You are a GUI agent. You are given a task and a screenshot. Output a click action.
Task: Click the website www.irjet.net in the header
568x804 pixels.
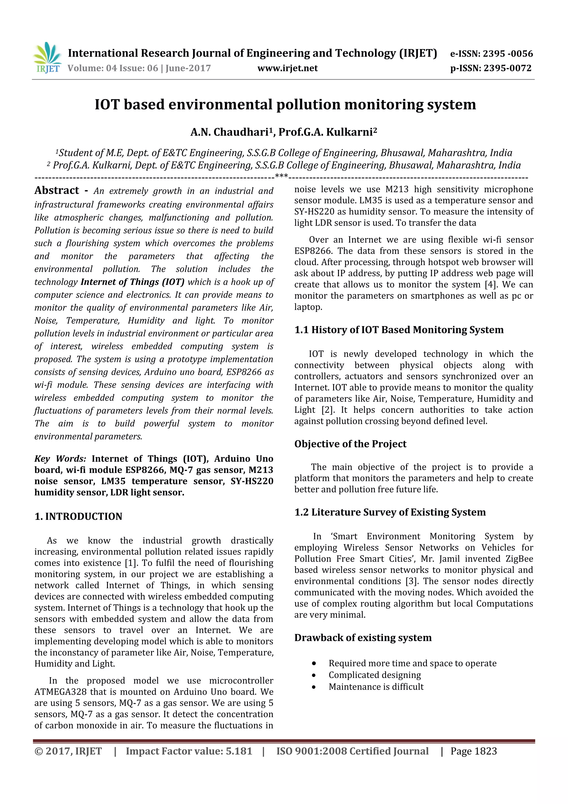(x=287, y=68)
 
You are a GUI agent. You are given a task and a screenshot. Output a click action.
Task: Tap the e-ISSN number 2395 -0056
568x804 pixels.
(x=508, y=54)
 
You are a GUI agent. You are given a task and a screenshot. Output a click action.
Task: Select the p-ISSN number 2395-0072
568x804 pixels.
(x=508, y=68)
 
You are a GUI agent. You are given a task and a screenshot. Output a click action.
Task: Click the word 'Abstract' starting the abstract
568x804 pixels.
(x=57, y=190)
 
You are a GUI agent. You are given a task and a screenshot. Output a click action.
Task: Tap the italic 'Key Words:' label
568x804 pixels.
(x=60, y=459)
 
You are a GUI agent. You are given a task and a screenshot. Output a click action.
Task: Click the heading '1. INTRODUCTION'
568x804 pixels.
(x=78, y=516)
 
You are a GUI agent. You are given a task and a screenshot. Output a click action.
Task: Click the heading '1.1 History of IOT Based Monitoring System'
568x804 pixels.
(x=399, y=330)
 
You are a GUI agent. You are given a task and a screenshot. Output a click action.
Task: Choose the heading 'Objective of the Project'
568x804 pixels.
(x=350, y=444)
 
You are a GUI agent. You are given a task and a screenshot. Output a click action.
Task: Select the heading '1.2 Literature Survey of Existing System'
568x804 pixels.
(x=390, y=512)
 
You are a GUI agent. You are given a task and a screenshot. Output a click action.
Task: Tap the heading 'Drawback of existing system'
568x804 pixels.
(x=362, y=638)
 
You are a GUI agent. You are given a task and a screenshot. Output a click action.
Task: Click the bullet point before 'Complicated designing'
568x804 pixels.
(x=314, y=675)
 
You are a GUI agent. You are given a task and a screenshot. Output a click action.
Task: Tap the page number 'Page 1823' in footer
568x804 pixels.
(x=473, y=751)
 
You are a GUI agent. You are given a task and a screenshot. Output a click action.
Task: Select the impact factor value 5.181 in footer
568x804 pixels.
(x=239, y=751)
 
